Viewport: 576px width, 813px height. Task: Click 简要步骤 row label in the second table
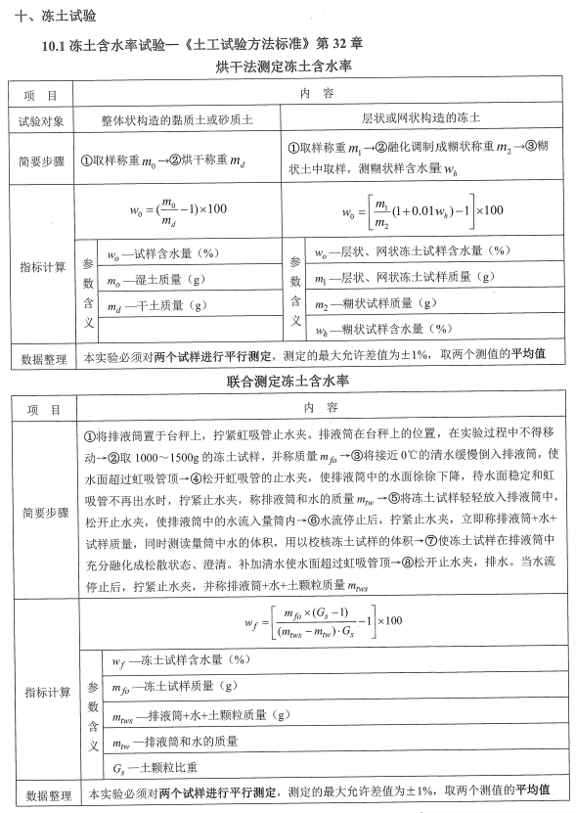[x=40, y=513]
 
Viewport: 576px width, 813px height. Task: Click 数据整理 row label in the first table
[x=40, y=354]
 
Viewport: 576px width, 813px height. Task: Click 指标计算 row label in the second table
[x=40, y=693]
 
